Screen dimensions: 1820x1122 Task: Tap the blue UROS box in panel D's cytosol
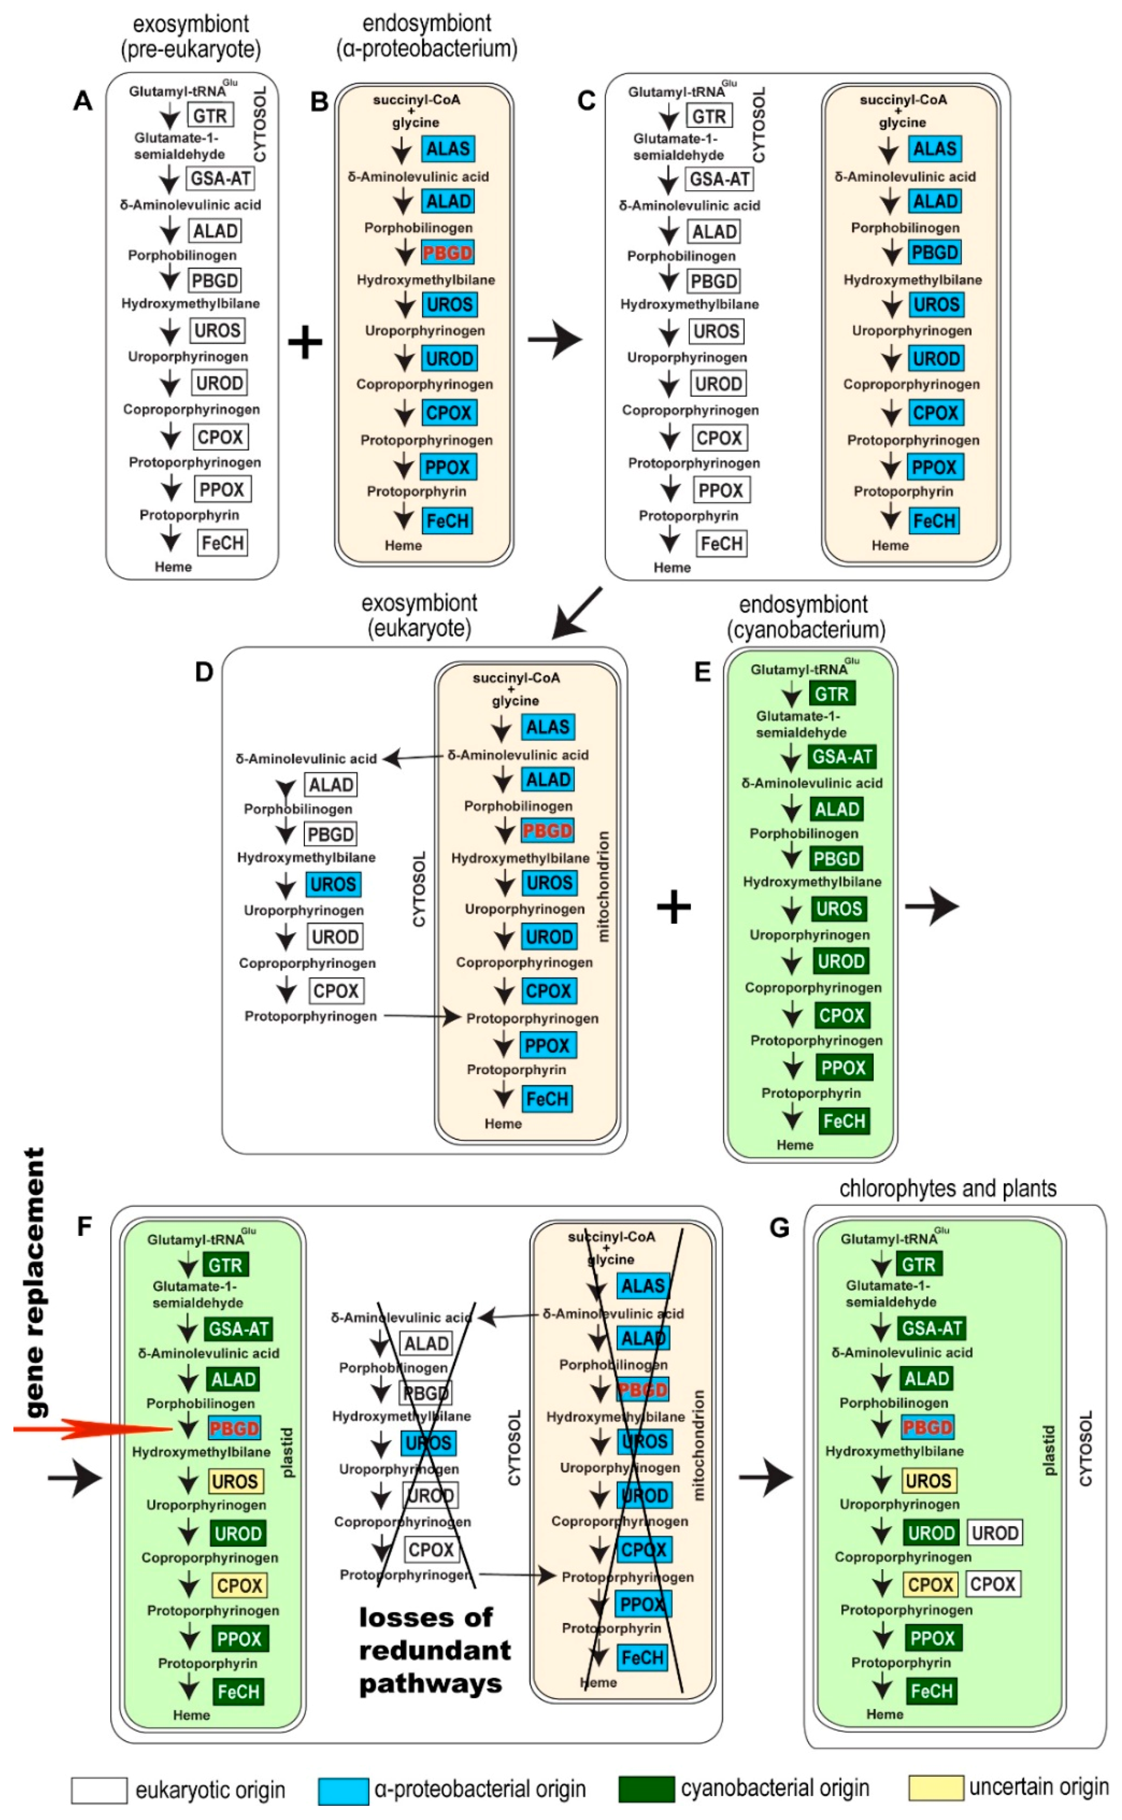tap(333, 884)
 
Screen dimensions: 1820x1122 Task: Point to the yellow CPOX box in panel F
tap(239, 1585)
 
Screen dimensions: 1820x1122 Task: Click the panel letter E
tap(702, 672)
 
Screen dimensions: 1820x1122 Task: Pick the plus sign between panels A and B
tap(305, 342)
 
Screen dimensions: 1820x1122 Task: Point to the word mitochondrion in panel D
tap(603, 887)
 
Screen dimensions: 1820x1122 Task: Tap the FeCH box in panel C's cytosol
tap(721, 544)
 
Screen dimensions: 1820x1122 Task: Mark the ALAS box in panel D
tap(547, 727)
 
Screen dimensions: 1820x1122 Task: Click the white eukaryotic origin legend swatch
tap(98, 1790)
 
